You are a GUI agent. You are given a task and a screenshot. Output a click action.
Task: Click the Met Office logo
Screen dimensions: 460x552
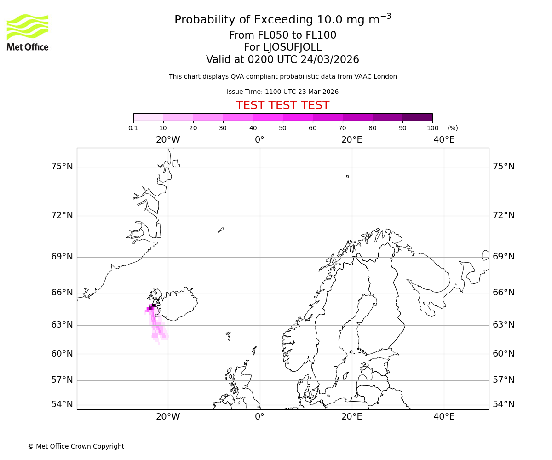tap(28, 32)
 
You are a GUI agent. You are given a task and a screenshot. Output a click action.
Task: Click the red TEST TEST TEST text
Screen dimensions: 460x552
tap(282, 105)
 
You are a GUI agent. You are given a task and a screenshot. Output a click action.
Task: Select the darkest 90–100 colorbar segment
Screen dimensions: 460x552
tap(417, 117)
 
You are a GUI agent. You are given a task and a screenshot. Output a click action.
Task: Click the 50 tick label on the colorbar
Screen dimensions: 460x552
tap(282, 128)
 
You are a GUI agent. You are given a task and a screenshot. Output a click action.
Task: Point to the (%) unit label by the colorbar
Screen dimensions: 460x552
tap(453, 128)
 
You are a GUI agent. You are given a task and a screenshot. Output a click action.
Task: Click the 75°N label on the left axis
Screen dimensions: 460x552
tap(62, 167)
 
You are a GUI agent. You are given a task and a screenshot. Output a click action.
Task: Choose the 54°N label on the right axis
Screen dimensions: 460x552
tap(504, 404)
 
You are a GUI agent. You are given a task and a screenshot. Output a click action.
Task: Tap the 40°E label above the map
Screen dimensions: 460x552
tap(444, 140)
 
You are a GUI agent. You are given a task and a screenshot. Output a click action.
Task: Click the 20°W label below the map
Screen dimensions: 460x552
tap(168, 417)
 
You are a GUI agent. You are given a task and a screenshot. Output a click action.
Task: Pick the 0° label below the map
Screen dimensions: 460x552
tap(259, 417)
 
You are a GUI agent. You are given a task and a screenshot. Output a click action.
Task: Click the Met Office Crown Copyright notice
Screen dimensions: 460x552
tap(76, 446)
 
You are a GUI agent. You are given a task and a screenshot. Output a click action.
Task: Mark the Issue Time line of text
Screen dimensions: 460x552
tap(282, 92)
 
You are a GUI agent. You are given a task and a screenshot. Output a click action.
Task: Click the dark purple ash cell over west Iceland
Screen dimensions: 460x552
tap(153, 305)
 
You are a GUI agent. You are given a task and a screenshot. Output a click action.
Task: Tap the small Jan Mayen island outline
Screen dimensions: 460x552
tap(221, 230)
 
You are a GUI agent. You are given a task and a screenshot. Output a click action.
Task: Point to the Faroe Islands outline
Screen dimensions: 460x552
tap(228, 335)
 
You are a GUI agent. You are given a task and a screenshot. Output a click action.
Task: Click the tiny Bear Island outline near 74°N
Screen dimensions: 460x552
tap(347, 176)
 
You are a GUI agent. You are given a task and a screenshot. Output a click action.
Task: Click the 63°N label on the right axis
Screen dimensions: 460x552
tap(504, 325)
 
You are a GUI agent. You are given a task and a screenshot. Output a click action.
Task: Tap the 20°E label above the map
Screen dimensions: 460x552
tap(352, 140)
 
